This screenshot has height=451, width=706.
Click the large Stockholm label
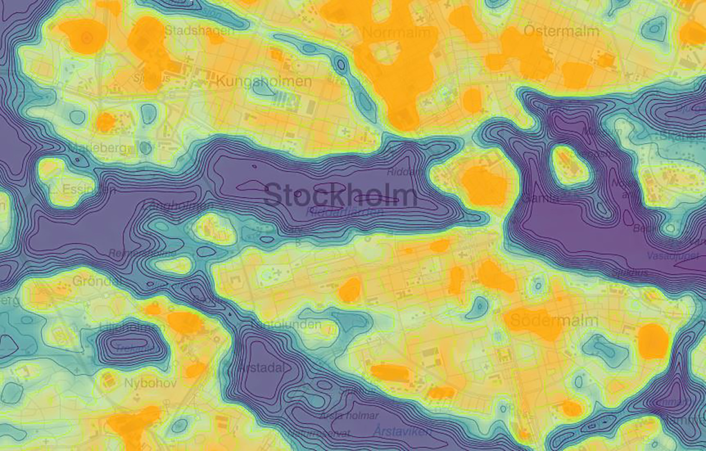340,195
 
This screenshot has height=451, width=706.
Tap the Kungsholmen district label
264,81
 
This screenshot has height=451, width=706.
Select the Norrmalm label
396,33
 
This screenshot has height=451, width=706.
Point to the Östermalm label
562,32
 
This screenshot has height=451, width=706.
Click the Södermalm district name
554,321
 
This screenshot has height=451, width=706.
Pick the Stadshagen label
199,31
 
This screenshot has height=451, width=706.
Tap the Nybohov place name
150,383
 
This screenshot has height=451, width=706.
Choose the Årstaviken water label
402,430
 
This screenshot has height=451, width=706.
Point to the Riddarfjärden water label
345,212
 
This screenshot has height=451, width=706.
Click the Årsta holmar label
349,415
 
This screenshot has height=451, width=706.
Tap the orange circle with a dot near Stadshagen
86,36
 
